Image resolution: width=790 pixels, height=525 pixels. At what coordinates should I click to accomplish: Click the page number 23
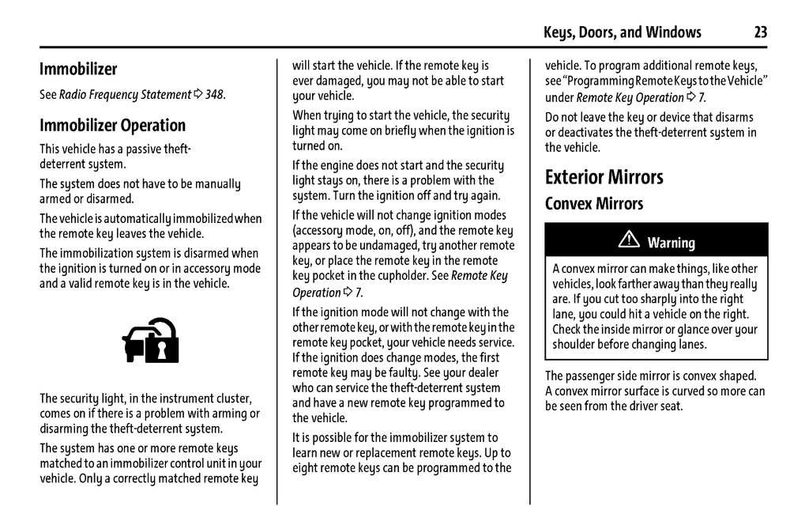point(760,32)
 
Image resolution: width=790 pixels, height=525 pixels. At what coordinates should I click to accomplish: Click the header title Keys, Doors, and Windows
point(622,32)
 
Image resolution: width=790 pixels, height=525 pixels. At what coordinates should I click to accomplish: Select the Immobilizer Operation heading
point(112,125)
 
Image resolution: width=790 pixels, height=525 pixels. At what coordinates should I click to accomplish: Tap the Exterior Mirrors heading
point(604,176)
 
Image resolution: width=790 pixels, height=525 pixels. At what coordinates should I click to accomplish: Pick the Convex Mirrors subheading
point(593,203)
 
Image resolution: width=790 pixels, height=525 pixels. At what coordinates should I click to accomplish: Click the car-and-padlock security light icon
point(150,340)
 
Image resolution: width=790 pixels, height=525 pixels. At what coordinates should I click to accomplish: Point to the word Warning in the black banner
point(671,243)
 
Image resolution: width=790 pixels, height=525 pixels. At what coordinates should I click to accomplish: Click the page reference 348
point(214,95)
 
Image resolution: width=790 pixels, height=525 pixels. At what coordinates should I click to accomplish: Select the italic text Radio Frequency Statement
point(125,95)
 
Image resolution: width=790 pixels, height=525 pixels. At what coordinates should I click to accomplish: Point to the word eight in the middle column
point(307,467)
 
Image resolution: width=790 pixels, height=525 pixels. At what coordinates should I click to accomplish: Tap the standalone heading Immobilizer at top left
point(78,69)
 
